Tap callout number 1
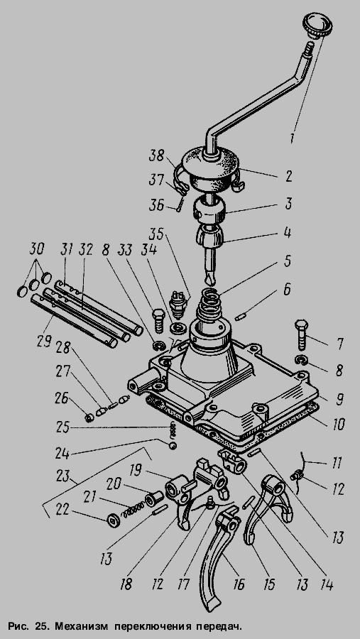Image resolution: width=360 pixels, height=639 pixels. tap(292, 137)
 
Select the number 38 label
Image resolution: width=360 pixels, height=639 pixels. tap(156, 155)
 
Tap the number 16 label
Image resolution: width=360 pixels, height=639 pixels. tap(239, 584)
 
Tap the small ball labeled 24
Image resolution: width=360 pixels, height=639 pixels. tap(173, 446)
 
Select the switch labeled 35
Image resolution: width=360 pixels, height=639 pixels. tap(178, 302)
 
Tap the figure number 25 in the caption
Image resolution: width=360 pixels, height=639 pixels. tap(40, 626)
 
